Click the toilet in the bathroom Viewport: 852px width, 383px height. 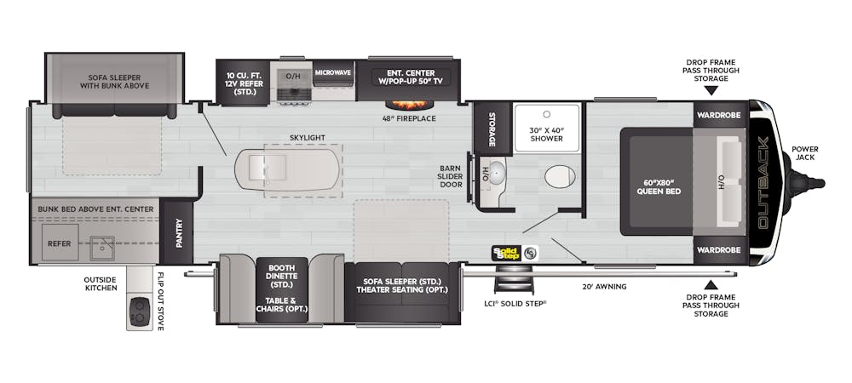point(560,177)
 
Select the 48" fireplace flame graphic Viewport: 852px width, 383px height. point(411,105)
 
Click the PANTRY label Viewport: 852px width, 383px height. point(179,232)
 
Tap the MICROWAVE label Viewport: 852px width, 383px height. point(332,72)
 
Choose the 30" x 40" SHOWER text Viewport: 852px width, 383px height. point(547,134)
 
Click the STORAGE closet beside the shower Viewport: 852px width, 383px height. point(492,129)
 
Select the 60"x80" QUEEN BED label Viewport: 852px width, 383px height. point(659,187)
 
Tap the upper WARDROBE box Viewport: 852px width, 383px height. point(721,114)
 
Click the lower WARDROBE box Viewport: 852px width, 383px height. point(721,250)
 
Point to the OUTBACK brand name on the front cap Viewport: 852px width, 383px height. point(763,182)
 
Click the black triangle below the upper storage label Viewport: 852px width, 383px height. point(711,90)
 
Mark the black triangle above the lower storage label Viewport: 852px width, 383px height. point(711,284)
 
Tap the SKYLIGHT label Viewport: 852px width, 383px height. point(307,138)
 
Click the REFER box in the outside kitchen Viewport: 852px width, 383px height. point(60,242)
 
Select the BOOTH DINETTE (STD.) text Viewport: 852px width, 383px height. point(281,276)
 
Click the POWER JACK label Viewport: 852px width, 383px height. point(805,153)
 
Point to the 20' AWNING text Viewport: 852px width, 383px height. point(604,287)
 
